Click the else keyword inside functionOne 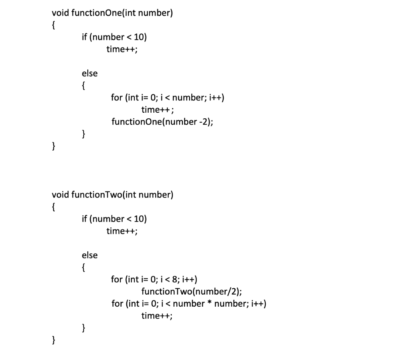tap(89, 73)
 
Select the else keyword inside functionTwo tap(89, 255)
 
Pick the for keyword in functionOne tap(117, 98)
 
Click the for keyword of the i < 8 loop tap(117, 279)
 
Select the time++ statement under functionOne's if tap(122, 49)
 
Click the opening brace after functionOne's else tap(83, 86)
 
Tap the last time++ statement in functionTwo tap(157, 316)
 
